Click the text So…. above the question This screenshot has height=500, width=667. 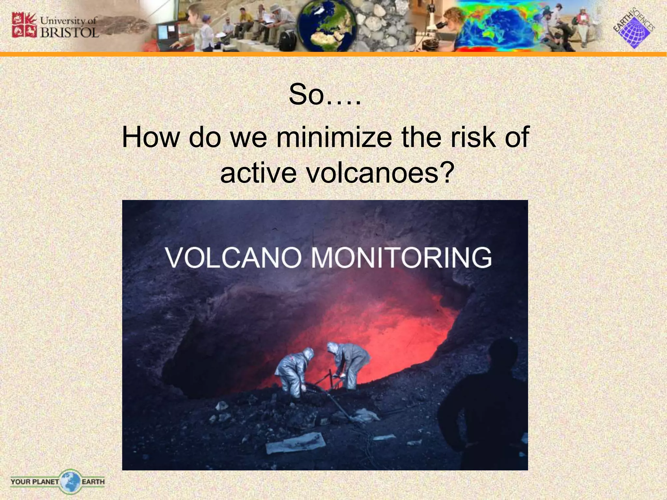point(325,95)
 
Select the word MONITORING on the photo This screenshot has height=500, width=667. point(401,257)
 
